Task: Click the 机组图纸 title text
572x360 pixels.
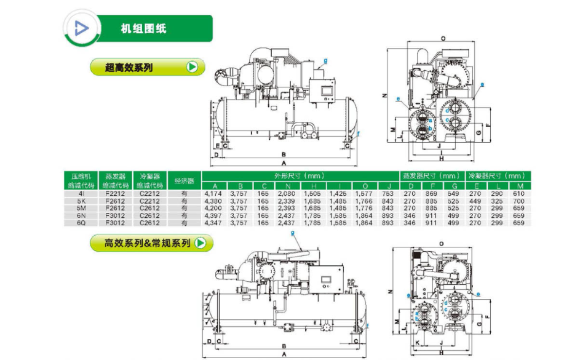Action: [143, 29]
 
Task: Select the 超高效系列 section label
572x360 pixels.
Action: [129, 67]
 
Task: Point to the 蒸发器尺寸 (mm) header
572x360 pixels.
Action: [432, 175]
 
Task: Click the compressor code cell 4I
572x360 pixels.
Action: [81, 194]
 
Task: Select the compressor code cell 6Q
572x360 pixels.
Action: [81, 223]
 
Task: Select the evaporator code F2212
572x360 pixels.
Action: [115, 194]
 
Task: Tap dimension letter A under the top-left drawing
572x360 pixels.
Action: [284, 164]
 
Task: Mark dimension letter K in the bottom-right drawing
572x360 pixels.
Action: [416, 342]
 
